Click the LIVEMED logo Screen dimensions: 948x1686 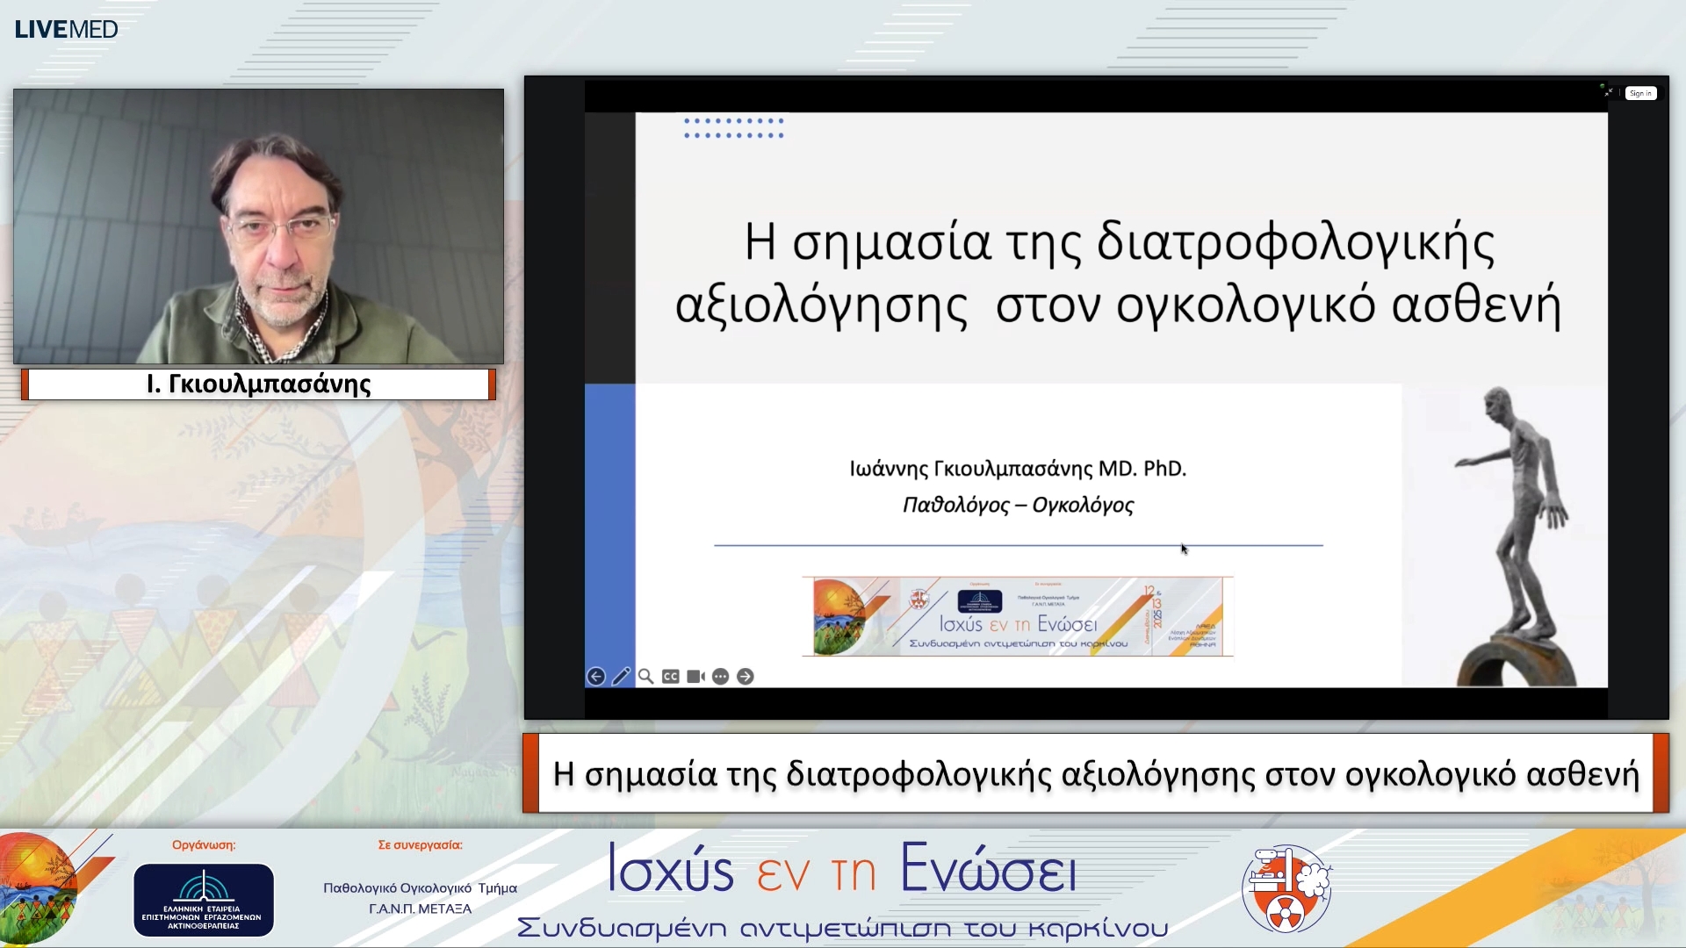point(66,29)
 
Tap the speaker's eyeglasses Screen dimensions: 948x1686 point(280,229)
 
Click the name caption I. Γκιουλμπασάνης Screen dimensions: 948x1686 point(258,384)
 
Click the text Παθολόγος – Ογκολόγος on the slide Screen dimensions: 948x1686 point(1018,505)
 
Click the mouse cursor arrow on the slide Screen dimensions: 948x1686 point(1184,549)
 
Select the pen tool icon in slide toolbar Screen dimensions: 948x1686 point(621,676)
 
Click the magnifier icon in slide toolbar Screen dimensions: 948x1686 point(645,676)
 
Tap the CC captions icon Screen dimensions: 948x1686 point(670,676)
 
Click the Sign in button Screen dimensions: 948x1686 point(1639,93)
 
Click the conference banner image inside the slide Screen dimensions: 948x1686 point(1017,616)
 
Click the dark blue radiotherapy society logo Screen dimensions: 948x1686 point(203,900)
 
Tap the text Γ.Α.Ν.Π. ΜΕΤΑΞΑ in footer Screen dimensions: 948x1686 point(420,908)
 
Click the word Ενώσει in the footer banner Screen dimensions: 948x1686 point(988,870)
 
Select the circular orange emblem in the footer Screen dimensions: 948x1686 point(1286,888)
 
